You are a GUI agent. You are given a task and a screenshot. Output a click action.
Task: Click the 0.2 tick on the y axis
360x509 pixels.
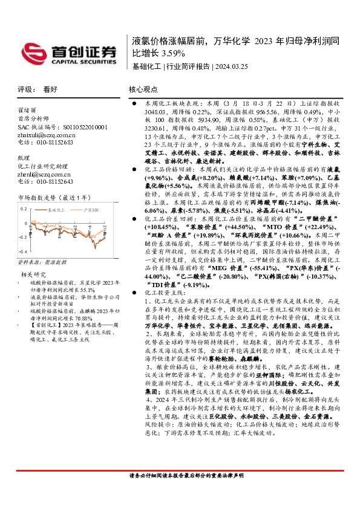click(24, 209)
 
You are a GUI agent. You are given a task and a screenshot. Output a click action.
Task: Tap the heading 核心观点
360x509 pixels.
click(143, 89)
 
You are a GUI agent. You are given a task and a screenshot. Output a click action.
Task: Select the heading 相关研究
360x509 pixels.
click(31, 274)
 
